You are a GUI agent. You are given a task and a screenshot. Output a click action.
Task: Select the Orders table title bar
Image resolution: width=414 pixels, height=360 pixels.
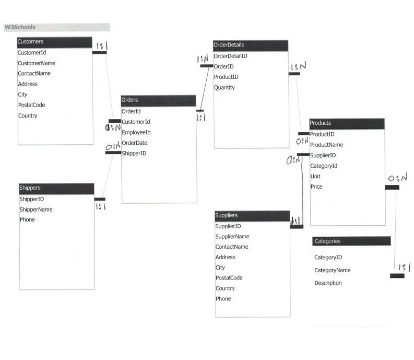click(158, 100)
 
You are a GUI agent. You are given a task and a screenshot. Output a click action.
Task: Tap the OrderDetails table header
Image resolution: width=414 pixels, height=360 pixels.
click(251, 45)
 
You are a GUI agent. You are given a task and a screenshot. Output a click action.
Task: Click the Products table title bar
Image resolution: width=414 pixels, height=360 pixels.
click(347, 123)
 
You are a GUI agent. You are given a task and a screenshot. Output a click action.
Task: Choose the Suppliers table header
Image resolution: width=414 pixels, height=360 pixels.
click(252, 215)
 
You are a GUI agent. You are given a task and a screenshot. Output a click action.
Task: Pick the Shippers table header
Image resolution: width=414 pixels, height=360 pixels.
click(56, 188)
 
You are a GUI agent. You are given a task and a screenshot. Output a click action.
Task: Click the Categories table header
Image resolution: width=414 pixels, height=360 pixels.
click(351, 241)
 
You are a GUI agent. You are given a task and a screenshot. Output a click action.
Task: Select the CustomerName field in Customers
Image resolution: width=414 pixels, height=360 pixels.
click(37, 63)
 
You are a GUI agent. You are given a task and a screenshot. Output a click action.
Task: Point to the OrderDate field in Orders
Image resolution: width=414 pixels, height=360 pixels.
click(134, 143)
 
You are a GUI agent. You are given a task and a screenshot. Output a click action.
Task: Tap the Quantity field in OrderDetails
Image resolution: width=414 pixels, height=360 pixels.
click(224, 88)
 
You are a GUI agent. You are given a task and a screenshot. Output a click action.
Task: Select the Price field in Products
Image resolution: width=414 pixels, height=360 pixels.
click(316, 187)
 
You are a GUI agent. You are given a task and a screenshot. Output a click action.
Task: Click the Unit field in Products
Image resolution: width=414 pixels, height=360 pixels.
click(315, 176)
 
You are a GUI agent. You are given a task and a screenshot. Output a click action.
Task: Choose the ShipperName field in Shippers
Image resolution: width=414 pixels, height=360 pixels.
click(36, 210)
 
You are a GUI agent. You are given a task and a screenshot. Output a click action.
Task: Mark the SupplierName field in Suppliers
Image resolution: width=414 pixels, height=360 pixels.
click(232, 236)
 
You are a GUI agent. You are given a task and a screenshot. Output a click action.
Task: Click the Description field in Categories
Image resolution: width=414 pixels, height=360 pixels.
click(328, 283)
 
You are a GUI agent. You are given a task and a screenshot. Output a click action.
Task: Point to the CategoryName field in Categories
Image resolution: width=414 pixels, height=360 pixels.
click(332, 270)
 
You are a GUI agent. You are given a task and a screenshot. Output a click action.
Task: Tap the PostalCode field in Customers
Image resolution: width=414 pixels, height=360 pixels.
click(31, 105)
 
